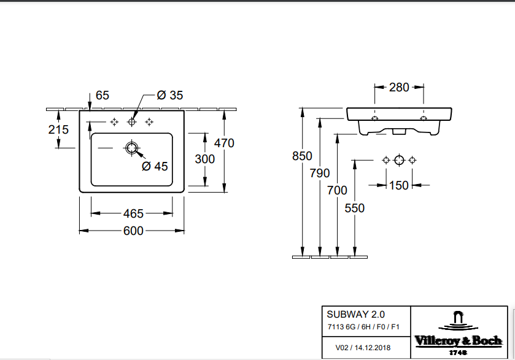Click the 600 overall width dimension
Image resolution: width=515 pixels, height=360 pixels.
133,231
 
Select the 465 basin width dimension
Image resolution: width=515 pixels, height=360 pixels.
133,213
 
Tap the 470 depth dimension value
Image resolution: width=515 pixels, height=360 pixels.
224,143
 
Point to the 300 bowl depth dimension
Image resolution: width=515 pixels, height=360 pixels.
204,159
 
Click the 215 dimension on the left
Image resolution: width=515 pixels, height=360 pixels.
58,129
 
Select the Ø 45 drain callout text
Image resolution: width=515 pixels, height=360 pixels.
155,166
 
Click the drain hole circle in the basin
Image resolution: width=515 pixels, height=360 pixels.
131,148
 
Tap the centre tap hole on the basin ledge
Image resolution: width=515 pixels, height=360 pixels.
131,122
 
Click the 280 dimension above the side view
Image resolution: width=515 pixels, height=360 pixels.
399,87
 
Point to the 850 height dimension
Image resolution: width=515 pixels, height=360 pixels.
302,156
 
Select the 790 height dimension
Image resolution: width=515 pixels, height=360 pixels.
320,173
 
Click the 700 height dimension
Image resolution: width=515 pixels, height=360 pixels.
337,190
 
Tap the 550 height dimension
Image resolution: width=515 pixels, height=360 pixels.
354,208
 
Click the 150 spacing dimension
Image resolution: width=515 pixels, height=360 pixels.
399,185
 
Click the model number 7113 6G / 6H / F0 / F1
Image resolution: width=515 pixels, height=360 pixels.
362,327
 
